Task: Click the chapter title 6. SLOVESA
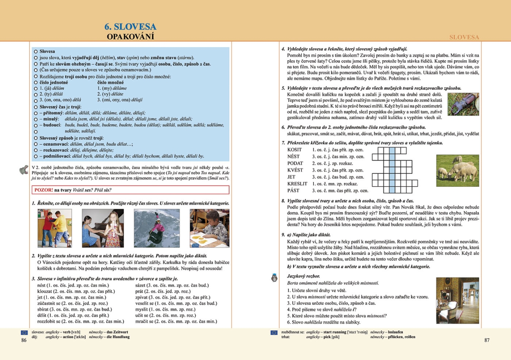[x=130, y=27]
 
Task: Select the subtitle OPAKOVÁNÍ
[x=130, y=37]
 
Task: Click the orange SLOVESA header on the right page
[x=464, y=37]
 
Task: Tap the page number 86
[x=24, y=340]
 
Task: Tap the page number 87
[x=487, y=340]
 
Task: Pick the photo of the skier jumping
[x=156, y=228]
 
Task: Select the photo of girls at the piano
[x=103, y=228]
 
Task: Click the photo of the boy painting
[x=209, y=228]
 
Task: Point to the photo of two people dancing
[x=55, y=228]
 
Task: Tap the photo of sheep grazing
[x=457, y=171]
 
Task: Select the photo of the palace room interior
[x=457, y=300]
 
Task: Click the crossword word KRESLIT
[x=297, y=184]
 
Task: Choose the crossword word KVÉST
[x=295, y=170]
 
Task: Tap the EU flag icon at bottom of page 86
[x=24, y=332]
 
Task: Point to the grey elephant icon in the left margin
[x=24, y=170]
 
